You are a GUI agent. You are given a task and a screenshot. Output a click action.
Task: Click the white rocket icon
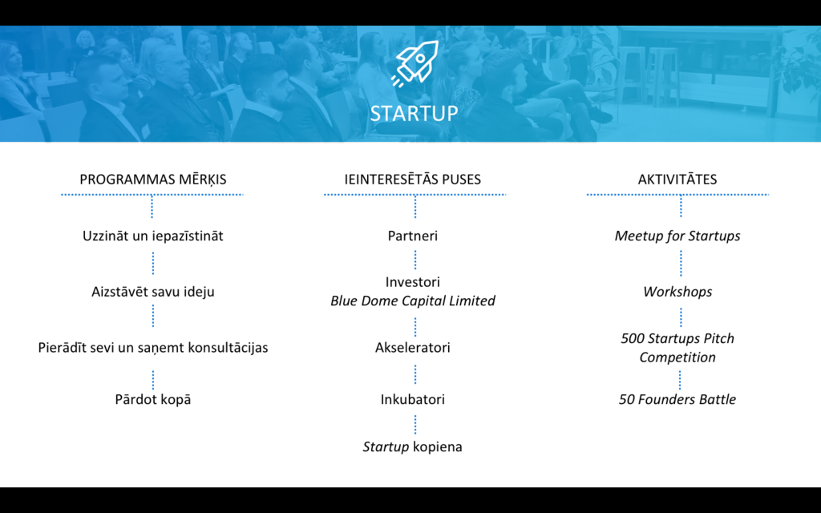click(x=415, y=63)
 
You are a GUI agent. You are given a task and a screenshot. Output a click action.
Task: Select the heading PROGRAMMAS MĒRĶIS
click(x=153, y=179)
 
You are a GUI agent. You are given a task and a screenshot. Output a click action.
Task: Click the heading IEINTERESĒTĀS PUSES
click(x=413, y=179)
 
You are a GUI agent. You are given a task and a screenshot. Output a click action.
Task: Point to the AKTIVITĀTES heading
click(x=677, y=179)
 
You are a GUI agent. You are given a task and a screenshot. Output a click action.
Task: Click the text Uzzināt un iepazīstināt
click(x=153, y=236)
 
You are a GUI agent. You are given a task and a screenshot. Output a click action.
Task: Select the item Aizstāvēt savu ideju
click(x=153, y=292)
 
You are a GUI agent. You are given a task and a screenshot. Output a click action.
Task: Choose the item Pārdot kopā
click(x=153, y=399)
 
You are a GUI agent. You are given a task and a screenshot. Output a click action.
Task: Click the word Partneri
click(x=413, y=236)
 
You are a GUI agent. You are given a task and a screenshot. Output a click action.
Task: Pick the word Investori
click(x=413, y=282)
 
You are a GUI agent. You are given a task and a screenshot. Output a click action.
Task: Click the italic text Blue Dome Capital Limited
click(x=413, y=301)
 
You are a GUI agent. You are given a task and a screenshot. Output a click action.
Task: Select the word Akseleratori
click(x=413, y=348)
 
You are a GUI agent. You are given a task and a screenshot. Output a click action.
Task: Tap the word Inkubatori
click(x=413, y=399)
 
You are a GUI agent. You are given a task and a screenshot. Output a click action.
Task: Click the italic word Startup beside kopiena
click(x=386, y=447)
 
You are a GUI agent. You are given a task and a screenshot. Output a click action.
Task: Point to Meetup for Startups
click(x=677, y=236)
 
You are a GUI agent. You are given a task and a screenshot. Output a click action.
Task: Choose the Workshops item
click(x=677, y=292)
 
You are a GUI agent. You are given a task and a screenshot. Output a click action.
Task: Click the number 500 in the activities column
click(x=633, y=338)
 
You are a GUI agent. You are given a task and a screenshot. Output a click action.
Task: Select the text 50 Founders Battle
click(x=677, y=399)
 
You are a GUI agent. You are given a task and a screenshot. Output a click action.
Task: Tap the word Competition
click(x=677, y=357)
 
